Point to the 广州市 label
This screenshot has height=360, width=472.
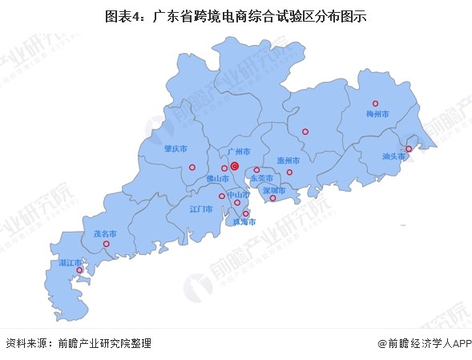coord(240,151)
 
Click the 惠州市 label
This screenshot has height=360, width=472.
coord(288,160)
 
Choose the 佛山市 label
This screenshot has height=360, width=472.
coord(218,178)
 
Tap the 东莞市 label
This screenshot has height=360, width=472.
coord(261,178)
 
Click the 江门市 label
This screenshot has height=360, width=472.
coord(201,209)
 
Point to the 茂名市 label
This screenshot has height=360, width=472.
coord(105,233)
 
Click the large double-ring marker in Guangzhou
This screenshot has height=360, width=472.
coord(235,166)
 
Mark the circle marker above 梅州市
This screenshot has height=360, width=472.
coord(375,103)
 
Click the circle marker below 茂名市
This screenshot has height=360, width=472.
coord(106,244)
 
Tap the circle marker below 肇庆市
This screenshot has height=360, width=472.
coord(192,168)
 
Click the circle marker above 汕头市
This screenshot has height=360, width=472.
coord(408,148)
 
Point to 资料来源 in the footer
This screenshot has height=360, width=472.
coord(25,343)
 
